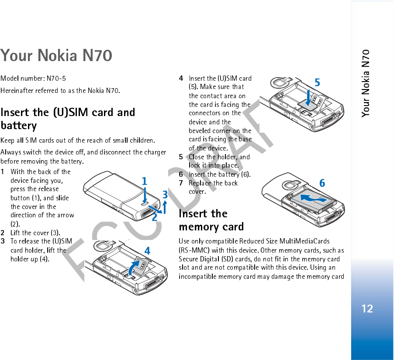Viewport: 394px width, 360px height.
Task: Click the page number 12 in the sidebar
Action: click(367, 309)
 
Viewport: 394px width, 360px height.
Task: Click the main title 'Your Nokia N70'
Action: click(56, 56)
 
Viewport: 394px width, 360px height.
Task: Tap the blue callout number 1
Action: click(144, 181)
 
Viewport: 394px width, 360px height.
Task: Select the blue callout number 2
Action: click(155, 216)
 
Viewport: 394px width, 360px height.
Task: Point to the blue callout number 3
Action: click(165, 195)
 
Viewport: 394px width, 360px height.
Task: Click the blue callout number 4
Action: click(148, 251)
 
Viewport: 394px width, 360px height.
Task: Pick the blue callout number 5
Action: click(318, 82)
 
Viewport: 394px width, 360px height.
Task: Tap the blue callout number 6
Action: click(322, 183)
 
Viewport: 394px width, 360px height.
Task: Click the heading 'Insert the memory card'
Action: click(211, 220)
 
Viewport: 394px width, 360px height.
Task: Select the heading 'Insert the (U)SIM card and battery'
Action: click(68, 119)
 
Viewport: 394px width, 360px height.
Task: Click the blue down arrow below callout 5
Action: click(309, 98)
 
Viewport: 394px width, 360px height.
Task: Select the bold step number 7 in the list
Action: click(181, 183)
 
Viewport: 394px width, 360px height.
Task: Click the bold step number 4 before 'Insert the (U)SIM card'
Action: click(181, 79)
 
